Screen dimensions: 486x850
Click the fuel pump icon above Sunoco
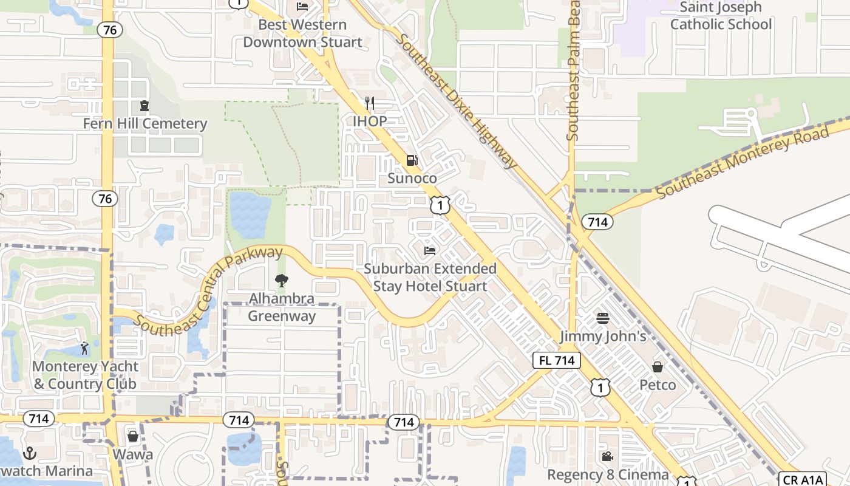[x=412, y=160]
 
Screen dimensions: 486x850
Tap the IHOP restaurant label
[x=370, y=121]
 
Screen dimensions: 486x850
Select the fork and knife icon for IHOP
[x=370, y=103]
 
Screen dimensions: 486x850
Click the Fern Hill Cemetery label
[x=145, y=124]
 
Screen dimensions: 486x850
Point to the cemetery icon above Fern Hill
[x=144, y=106]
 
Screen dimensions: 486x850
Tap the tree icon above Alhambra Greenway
[x=281, y=281]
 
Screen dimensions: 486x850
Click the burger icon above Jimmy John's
[x=602, y=318]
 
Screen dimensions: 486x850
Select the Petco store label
[x=658, y=385]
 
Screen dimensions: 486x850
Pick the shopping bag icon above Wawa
[x=133, y=436]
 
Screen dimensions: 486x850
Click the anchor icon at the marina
[x=29, y=453]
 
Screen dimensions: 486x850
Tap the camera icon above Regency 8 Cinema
[x=607, y=456]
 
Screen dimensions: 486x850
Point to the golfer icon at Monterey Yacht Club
[x=85, y=348]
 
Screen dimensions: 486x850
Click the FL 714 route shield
[x=557, y=360]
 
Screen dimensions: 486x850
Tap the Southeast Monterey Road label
[x=743, y=162]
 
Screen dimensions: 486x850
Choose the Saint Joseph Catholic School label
[x=721, y=16]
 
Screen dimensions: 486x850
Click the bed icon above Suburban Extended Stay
[x=430, y=250]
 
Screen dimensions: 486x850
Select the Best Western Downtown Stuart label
[x=302, y=33]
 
